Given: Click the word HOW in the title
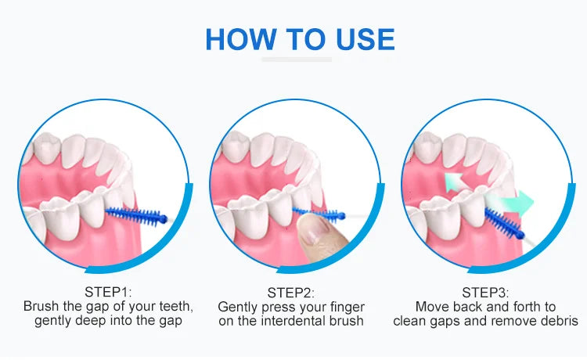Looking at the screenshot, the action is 241,39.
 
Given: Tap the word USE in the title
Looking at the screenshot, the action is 366,39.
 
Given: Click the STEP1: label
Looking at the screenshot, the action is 108,291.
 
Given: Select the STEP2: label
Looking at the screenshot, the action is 291,293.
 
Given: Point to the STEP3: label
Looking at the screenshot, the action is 485,293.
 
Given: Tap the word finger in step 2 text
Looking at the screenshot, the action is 347,308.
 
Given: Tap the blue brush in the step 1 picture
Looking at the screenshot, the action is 137,216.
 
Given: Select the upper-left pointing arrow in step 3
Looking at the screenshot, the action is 455,182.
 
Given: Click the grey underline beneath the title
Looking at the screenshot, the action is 297,59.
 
